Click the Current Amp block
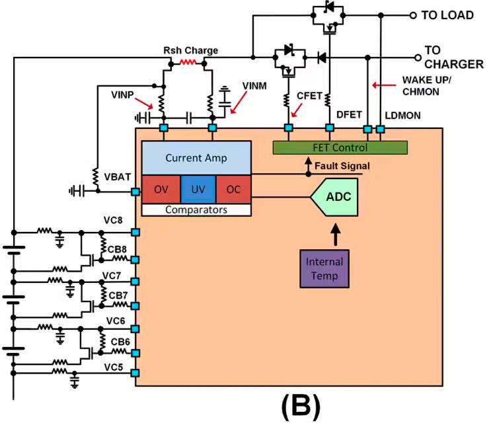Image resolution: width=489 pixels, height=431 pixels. pyautogui.click(x=196, y=158)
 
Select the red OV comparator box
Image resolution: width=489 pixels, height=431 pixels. pyautogui.click(x=161, y=189)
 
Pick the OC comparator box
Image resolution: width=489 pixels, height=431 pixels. pyautogui.click(x=233, y=189)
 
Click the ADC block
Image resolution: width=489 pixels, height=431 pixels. pyautogui.click(x=336, y=196)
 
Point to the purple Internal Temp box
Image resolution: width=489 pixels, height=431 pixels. pyautogui.click(x=324, y=267)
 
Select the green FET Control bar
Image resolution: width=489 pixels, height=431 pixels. pyautogui.click(x=340, y=147)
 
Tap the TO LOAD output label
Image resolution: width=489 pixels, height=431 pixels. pyautogui.click(x=447, y=15)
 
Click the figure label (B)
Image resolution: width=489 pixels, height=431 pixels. pyautogui.click(x=301, y=409)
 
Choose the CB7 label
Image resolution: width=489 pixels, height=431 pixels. pyautogui.click(x=119, y=294)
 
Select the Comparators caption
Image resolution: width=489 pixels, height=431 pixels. pyautogui.click(x=196, y=210)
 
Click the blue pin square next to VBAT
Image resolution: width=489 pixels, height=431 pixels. pyautogui.click(x=135, y=192)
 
